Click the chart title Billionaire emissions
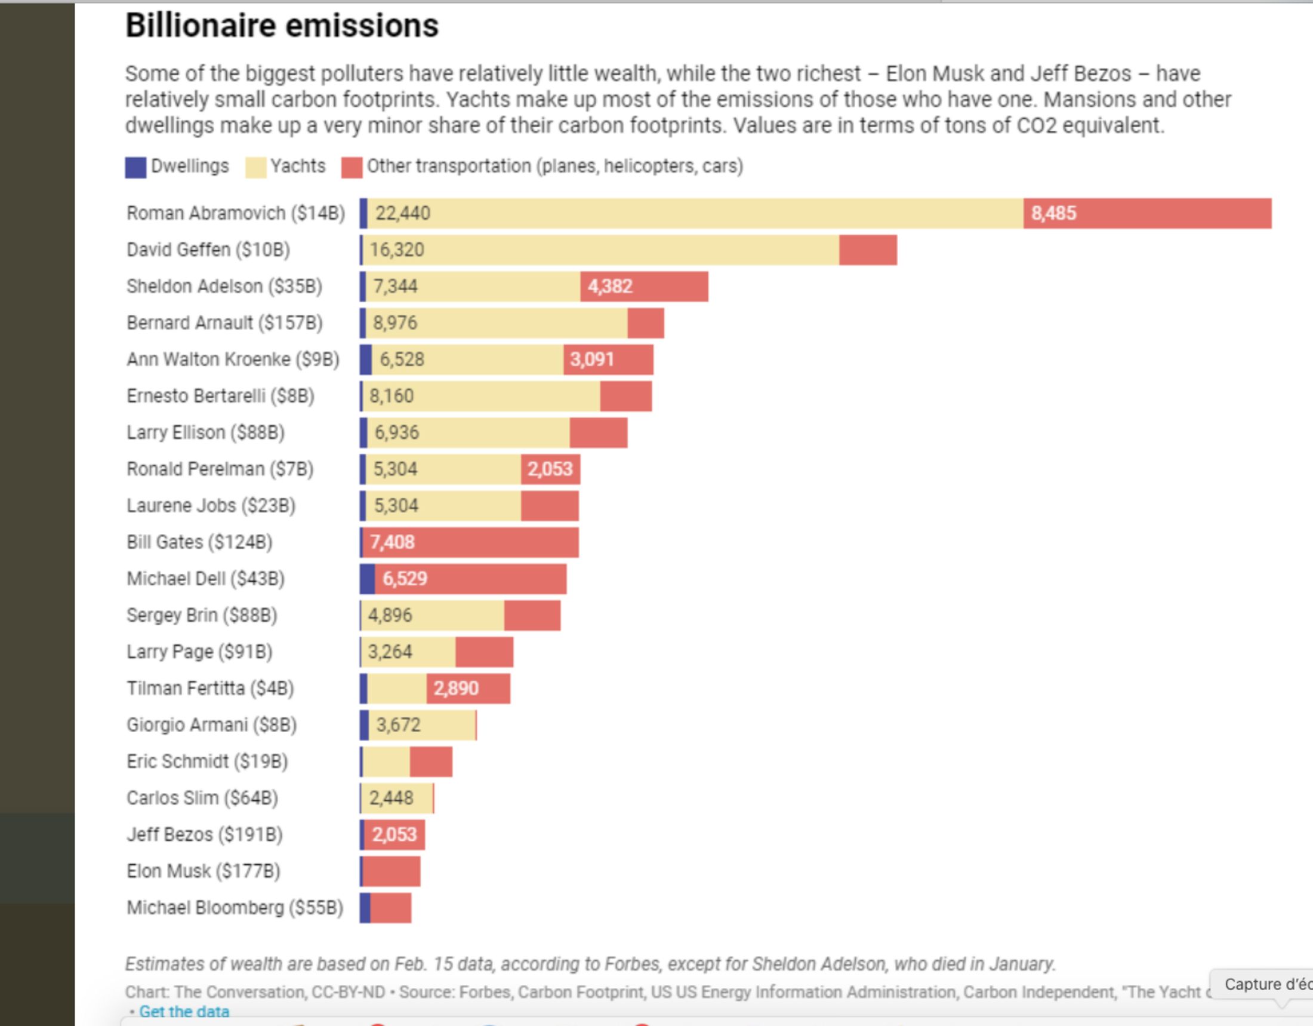(x=282, y=26)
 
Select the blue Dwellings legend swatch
(x=135, y=167)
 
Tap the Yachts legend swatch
(x=255, y=167)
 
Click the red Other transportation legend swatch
(x=352, y=167)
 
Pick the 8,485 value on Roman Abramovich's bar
(x=1053, y=213)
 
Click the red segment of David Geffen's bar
(x=868, y=250)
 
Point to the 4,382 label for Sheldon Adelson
(x=609, y=286)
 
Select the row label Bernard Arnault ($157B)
(x=224, y=323)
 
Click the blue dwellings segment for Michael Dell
(x=367, y=579)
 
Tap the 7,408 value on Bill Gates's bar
(x=392, y=542)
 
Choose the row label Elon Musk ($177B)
(x=203, y=871)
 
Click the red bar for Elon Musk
(x=392, y=871)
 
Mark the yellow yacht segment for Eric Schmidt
(x=386, y=761)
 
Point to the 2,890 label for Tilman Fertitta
(x=456, y=688)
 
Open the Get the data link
(x=184, y=1012)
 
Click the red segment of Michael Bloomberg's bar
(x=391, y=908)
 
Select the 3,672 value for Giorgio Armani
(x=398, y=724)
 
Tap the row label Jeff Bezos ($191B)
(x=204, y=834)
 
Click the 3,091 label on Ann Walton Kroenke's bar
(x=591, y=360)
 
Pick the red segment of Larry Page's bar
(x=484, y=652)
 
